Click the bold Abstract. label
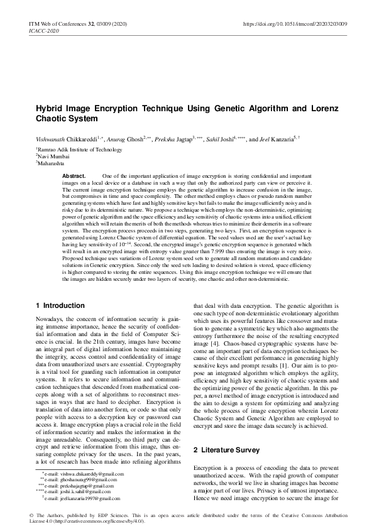pos(74,175)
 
